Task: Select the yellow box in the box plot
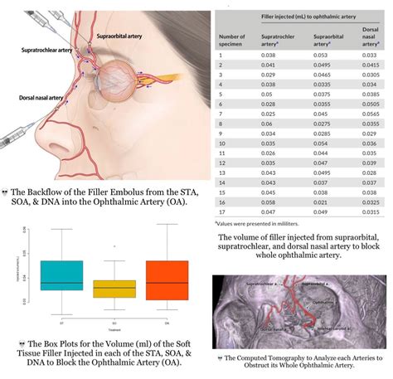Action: (x=114, y=288)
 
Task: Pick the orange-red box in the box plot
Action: (x=167, y=279)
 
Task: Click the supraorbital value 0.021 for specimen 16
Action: (x=319, y=201)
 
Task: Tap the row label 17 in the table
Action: (x=221, y=211)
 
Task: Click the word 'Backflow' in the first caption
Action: (x=54, y=189)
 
